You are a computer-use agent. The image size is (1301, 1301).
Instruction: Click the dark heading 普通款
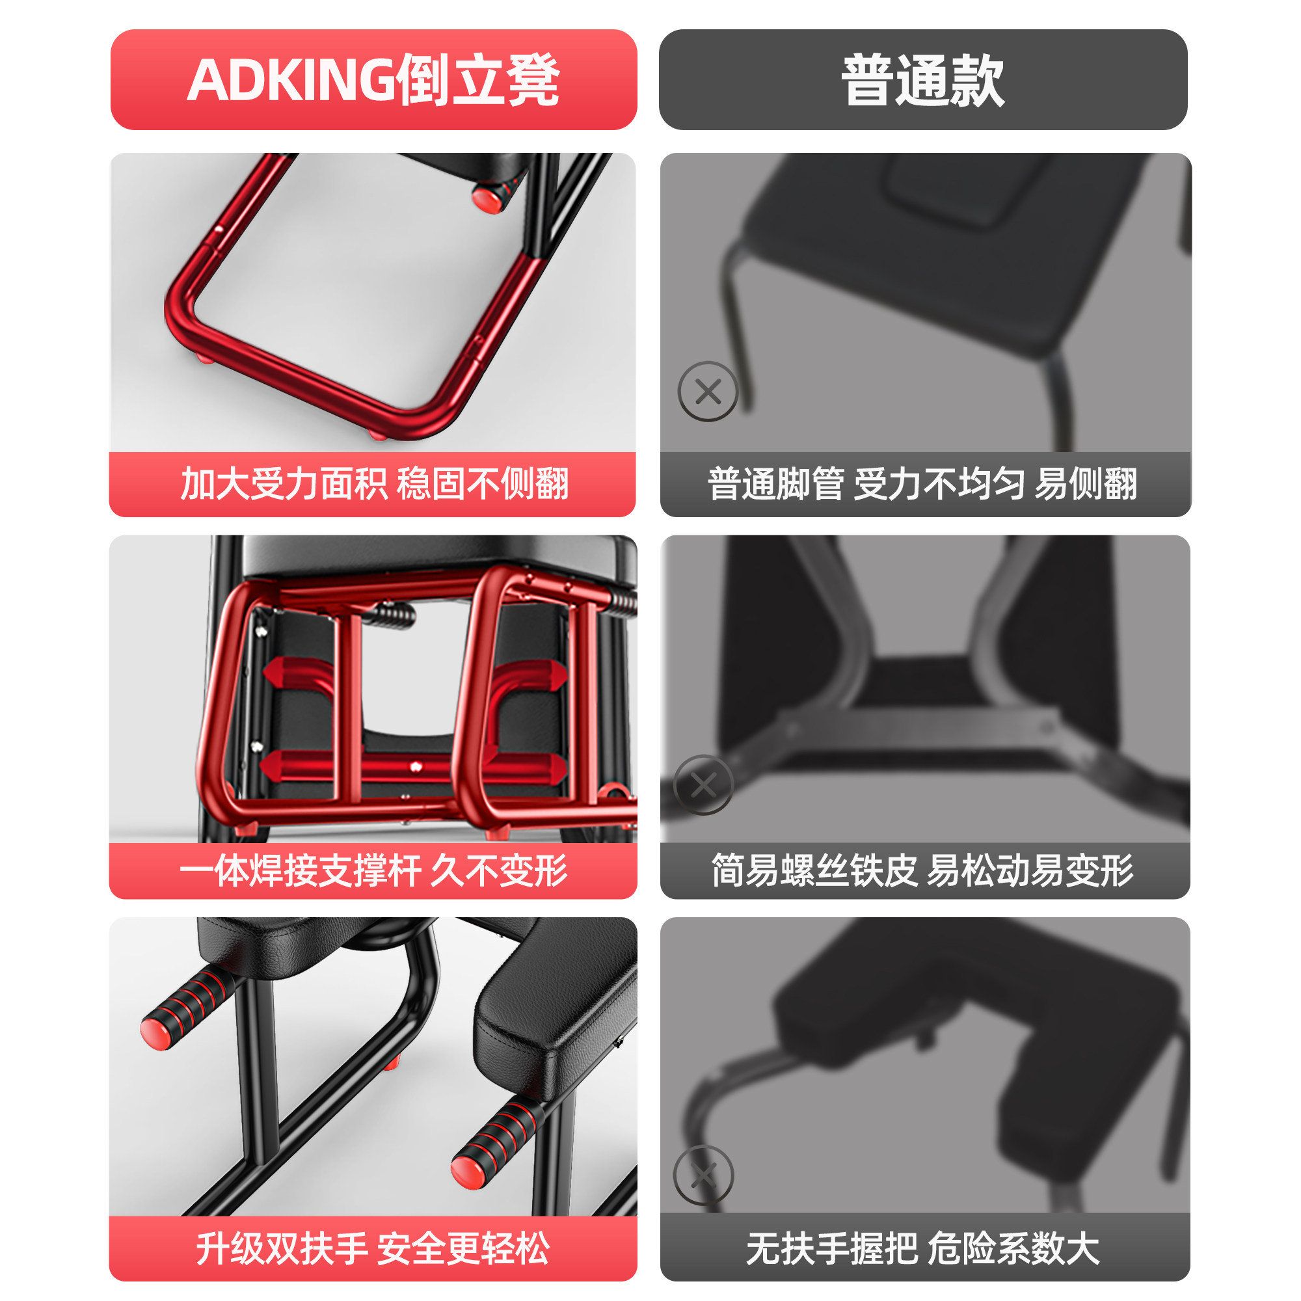pyautogui.click(x=922, y=79)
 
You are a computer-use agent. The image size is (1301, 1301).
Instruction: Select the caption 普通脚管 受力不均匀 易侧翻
pyautogui.click(x=922, y=483)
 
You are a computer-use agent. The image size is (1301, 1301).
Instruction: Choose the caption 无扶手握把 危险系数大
pyautogui.click(x=922, y=1248)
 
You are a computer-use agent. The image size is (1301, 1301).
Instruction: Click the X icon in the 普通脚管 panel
pyautogui.click(x=708, y=391)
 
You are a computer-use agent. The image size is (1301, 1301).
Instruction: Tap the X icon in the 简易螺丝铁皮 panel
pyautogui.click(x=704, y=785)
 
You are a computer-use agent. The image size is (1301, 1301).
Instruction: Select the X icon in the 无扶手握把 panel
pyautogui.click(x=704, y=1175)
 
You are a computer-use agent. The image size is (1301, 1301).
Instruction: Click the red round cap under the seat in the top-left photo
pyautogui.click(x=486, y=198)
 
